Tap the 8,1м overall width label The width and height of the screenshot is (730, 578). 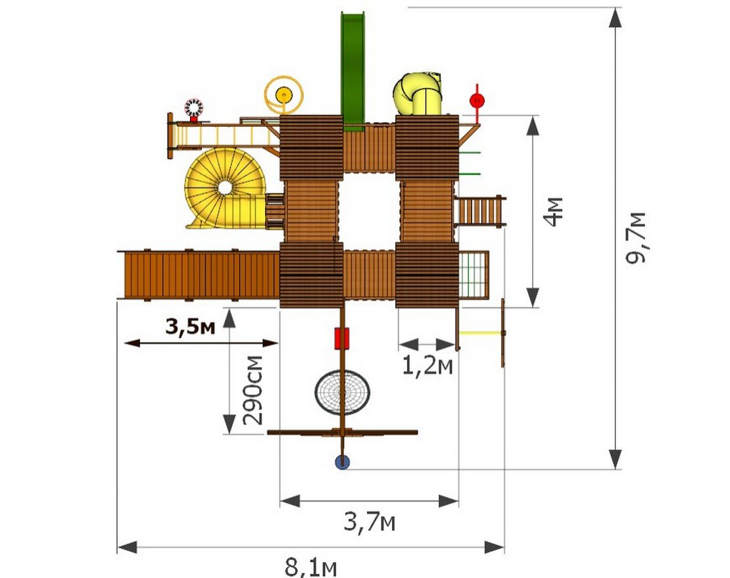tap(310, 567)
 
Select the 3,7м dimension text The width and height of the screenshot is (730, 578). tap(370, 521)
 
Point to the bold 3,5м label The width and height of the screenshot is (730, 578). tap(191, 327)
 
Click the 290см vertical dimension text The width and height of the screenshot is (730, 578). tap(253, 390)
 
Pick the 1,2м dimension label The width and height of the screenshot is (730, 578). tap(427, 366)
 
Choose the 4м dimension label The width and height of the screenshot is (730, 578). tap(554, 212)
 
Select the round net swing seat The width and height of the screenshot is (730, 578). tap(342, 391)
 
